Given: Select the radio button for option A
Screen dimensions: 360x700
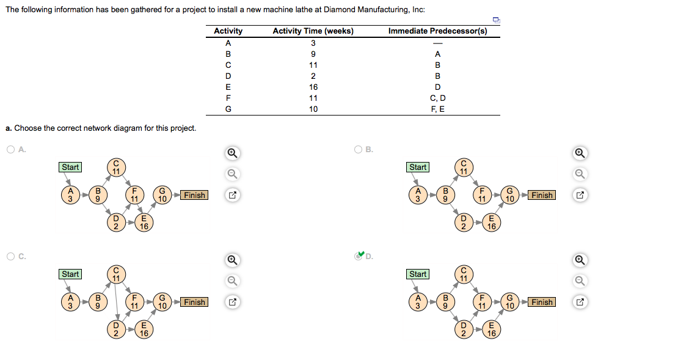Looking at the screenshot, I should (11, 149).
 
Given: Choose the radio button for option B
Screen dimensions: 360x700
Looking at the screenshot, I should (359, 149).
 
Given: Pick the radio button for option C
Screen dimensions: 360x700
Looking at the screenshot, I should (11, 256).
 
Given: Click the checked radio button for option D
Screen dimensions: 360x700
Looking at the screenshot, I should (359, 256).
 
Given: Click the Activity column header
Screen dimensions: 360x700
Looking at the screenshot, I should (228, 31).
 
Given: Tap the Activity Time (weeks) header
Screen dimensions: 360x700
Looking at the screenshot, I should (313, 31).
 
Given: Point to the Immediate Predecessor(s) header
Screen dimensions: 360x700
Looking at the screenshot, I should (437, 31).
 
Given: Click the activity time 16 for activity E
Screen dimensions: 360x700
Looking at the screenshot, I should (313, 87).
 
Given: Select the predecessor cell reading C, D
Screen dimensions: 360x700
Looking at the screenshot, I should (437, 98).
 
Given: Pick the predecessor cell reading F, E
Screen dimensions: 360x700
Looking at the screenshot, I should (437, 109).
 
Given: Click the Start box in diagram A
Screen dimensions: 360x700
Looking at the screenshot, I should (70, 167).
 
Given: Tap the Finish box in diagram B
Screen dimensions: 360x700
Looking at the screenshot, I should (542, 195).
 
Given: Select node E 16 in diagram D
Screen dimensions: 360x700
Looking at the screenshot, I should (491, 329).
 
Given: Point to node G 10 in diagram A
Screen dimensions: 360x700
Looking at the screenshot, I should (162, 195).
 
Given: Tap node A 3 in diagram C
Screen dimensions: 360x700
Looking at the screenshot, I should (70, 302).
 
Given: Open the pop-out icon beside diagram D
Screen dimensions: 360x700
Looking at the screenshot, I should (580, 302).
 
